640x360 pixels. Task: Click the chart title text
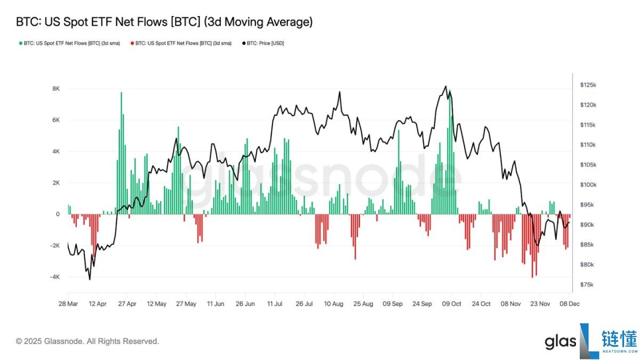[x=164, y=22]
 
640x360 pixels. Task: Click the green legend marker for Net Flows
[x=20, y=43]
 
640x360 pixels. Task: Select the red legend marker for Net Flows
[x=132, y=43]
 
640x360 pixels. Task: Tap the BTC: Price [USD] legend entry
[x=265, y=43]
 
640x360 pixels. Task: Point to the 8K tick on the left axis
[x=55, y=89]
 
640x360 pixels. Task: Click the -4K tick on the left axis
[x=54, y=277]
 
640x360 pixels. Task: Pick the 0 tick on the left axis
[x=58, y=214]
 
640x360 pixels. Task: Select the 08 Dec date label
[x=569, y=303]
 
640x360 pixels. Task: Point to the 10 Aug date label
[x=333, y=303]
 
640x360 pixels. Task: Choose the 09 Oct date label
[x=451, y=303]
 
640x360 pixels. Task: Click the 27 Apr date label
[x=127, y=303]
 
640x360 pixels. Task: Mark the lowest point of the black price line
[x=90, y=279]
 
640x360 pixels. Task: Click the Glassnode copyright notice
[x=87, y=341]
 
